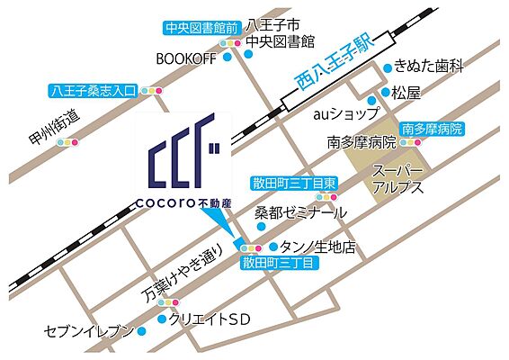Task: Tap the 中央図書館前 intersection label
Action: tap(200, 28)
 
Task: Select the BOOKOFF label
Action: tap(185, 59)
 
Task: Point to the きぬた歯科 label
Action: tap(430, 67)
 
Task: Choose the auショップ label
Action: tap(340, 116)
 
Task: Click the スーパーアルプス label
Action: tap(398, 180)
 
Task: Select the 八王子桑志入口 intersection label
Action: tap(93, 91)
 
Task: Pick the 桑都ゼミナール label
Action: tap(299, 213)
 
